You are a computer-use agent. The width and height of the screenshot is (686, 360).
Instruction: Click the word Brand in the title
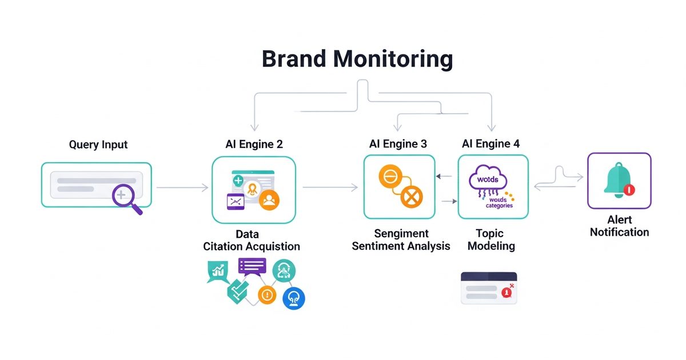click(x=293, y=59)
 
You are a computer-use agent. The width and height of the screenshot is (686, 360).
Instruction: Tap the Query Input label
click(x=98, y=145)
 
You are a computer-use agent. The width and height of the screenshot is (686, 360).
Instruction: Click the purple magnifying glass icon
click(x=124, y=197)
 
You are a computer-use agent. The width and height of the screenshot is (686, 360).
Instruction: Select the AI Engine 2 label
click(x=254, y=145)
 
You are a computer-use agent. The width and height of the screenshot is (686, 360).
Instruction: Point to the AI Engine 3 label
click(x=398, y=144)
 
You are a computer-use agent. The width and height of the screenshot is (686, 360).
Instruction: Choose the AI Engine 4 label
click(x=491, y=144)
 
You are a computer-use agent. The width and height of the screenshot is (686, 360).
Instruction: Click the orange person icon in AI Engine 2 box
click(x=269, y=199)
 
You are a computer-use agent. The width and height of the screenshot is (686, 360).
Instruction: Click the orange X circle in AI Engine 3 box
click(x=410, y=198)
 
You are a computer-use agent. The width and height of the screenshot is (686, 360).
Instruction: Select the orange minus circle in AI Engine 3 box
click(x=388, y=177)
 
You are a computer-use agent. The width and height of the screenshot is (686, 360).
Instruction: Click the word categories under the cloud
click(x=499, y=206)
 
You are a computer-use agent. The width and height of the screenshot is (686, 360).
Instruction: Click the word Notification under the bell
click(x=619, y=232)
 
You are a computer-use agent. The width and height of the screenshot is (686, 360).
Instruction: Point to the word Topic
click(x=489, y=233)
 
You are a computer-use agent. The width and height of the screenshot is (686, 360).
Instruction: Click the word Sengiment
click(x=401, y=233)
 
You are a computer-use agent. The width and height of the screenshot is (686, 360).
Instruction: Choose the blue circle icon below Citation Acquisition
click(x=294, y=298)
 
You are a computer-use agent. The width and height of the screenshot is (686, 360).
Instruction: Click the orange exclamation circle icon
click(x=267, y=294)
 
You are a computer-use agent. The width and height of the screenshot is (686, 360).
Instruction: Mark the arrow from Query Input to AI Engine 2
click(x=182, y=187)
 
